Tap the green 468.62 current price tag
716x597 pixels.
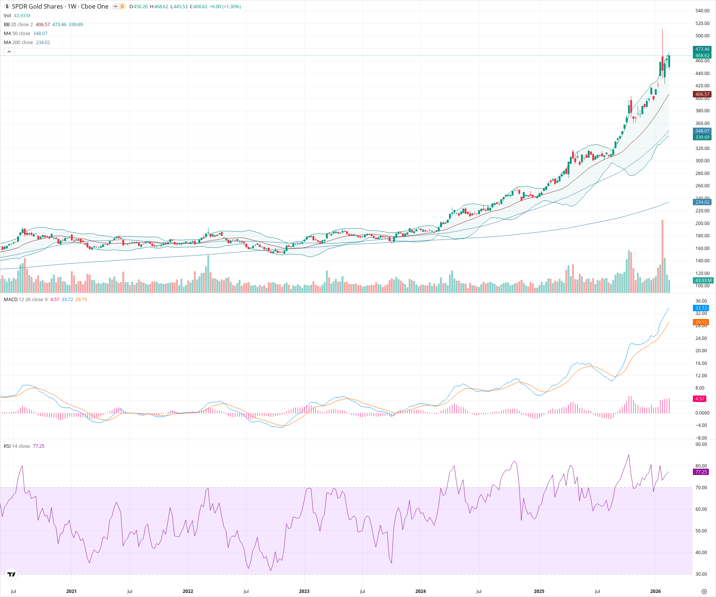point(702,56)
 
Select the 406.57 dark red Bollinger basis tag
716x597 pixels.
point(702,94)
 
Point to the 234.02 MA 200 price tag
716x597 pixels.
point(702,202)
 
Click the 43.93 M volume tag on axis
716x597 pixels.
point(703,281)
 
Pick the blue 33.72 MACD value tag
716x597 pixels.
point(701,308)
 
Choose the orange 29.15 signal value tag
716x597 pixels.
point(701,322)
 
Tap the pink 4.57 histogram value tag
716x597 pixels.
point(700,399)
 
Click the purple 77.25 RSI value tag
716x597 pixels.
point(701,472)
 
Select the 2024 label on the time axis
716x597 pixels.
point(420,591)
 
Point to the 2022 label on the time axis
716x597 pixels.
point(188,591)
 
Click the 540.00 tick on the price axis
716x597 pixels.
point(702,11)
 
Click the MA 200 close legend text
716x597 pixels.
point(18,43)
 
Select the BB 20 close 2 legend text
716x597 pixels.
point(18,25)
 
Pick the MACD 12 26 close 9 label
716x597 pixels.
point(25,300)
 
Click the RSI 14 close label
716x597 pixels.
point(17,446)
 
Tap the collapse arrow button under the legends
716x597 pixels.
point(9,51)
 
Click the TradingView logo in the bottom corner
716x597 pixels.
point(12,574)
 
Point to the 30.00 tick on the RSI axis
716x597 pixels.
point(701,574)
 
